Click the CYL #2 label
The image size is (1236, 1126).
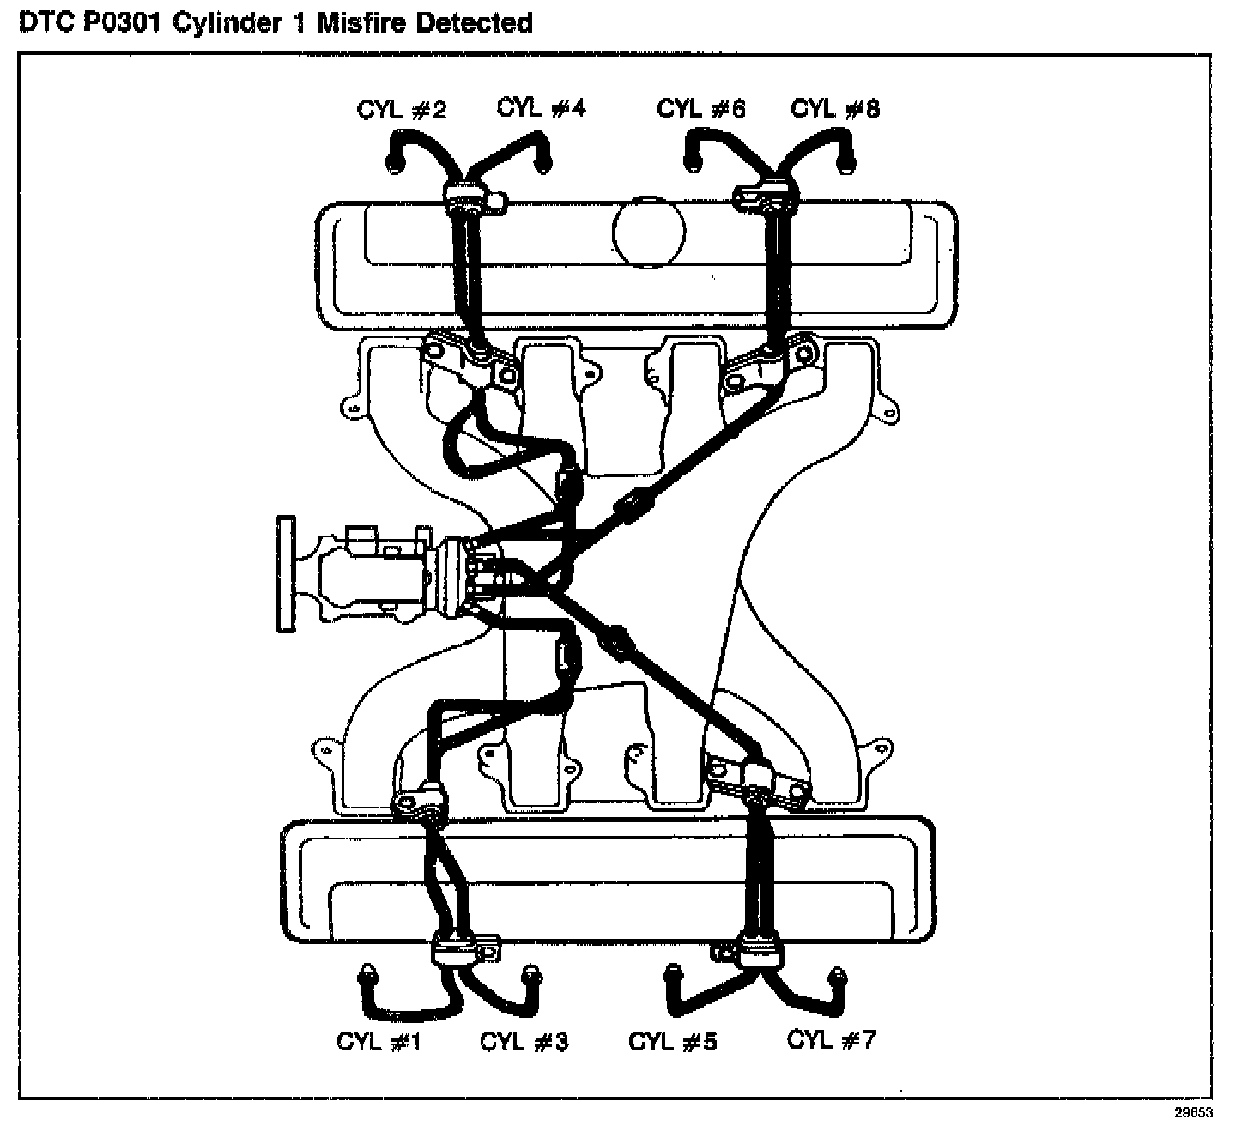click(402, 111)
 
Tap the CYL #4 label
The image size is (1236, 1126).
click(541, 108)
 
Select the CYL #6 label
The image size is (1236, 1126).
click(701, 109)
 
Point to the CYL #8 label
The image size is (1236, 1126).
click(835, 109)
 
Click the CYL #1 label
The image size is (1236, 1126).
click(379, 1042)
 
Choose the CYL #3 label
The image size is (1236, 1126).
click(524, 1042)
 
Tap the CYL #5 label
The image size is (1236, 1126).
click(672, 1042)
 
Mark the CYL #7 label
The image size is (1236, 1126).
click(831, 1040)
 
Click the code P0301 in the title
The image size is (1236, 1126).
click(124, 22)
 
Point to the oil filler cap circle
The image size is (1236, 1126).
click(649, 231)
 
